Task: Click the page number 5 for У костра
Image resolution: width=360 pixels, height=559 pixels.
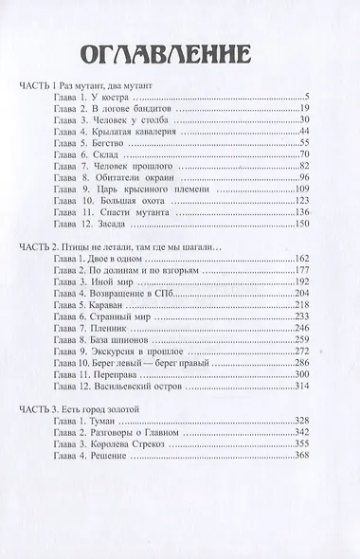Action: (309, 98)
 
